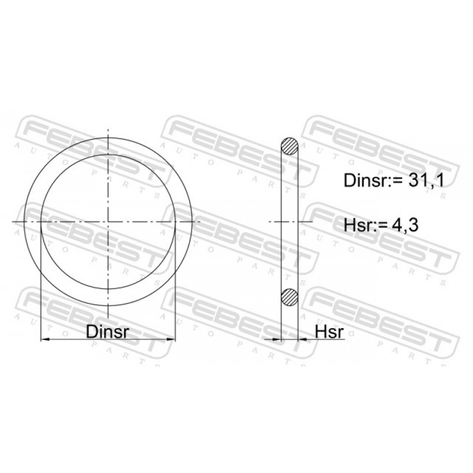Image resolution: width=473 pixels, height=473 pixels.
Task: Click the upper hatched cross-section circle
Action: tap(290, 146)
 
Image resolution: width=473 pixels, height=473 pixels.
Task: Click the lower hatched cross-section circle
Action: tap(290, 297)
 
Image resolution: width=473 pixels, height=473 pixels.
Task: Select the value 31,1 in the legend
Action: tap(426, 181)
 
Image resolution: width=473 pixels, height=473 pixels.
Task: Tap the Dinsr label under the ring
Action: tap(108, 332)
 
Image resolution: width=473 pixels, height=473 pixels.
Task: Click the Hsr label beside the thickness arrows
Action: tap(329, 332)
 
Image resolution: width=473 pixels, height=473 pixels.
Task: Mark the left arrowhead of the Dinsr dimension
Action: tap(45, 339)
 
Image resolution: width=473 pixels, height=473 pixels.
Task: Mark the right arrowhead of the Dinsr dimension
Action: tap(171, 339)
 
